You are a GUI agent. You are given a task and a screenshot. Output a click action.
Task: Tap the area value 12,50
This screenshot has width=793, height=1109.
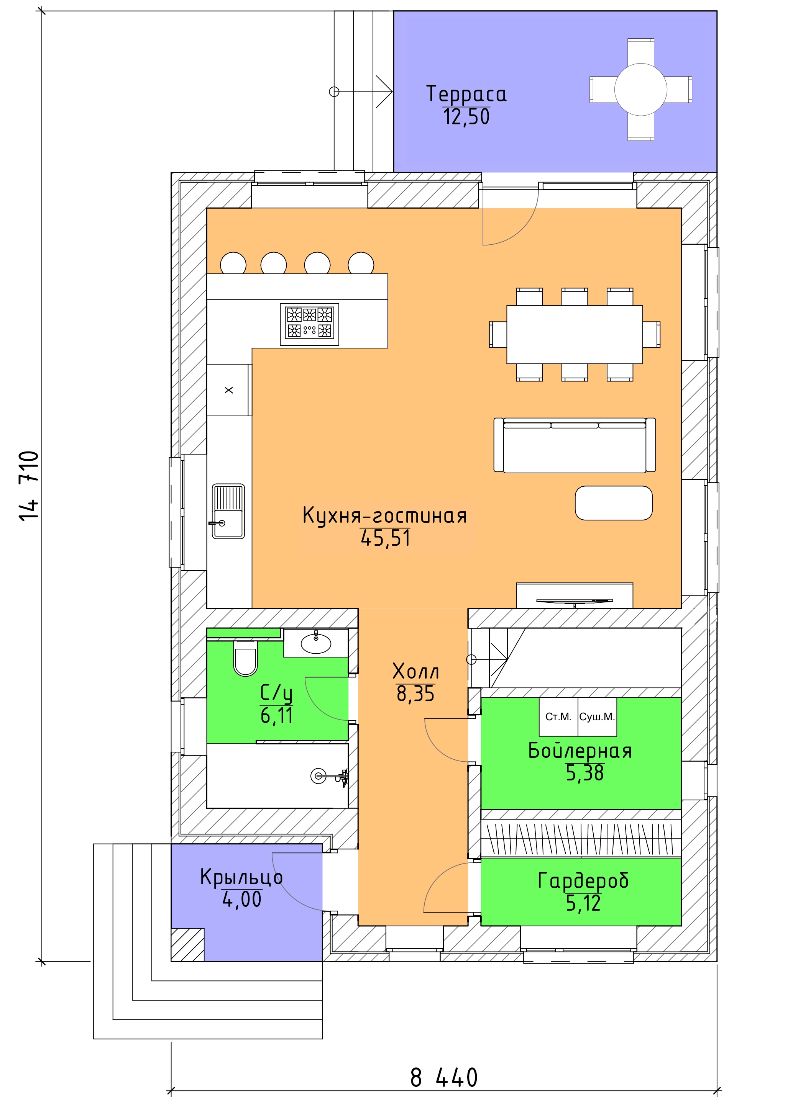(466, 117)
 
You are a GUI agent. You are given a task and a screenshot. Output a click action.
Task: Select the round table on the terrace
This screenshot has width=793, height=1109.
(641, 90)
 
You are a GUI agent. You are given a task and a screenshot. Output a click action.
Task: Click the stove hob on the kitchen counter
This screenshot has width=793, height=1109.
(310, 324)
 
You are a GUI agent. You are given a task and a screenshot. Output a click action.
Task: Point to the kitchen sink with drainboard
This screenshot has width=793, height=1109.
(228, 511)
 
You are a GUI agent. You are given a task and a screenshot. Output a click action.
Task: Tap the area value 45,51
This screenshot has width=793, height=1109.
(385, 538)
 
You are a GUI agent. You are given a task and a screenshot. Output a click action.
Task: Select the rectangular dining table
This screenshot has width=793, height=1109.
(575, 335)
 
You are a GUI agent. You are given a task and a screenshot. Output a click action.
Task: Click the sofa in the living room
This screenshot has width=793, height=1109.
(575, 445)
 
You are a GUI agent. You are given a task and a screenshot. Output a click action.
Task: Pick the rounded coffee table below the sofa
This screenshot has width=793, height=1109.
(614, 503)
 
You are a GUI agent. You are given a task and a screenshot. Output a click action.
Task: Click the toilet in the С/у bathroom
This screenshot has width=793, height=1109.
(246, 659)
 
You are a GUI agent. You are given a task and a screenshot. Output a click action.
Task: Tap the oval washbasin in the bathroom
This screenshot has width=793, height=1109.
(316, 644)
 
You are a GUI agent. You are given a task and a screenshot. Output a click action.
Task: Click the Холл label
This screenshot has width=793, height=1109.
(416, 672)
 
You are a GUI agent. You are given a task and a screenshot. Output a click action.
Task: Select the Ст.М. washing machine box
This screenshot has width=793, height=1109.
(558, 717)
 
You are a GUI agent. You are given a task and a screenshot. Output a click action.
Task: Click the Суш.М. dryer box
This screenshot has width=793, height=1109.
(597, 717)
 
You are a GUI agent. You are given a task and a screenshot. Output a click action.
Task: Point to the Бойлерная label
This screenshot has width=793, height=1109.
(580, 751)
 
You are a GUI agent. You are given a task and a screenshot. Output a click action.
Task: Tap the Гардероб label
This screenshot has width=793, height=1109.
(583, 881)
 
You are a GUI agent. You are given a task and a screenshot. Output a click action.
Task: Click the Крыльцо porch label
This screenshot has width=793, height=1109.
(242, 877)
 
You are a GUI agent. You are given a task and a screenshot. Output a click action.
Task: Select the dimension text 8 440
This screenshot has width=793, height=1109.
(444, 1077)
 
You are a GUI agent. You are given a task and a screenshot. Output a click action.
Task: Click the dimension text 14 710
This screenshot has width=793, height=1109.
(29, 486)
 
